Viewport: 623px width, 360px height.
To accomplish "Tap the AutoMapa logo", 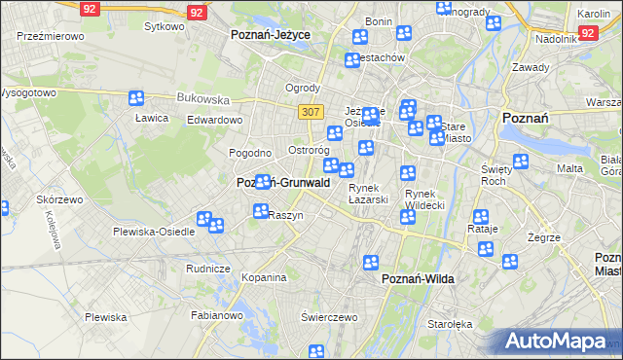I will point(559,341).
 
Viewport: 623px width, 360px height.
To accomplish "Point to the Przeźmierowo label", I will point(51,35).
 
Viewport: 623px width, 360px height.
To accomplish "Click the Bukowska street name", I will point(202,98).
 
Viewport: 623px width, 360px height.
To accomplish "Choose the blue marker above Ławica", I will point(135,98).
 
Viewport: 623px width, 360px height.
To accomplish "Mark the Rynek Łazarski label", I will point(369,194).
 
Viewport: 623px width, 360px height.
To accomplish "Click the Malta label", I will point(569,168).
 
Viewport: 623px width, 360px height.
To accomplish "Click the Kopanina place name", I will point(264,277).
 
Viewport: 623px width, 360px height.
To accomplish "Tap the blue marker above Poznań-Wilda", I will point(371,262).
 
